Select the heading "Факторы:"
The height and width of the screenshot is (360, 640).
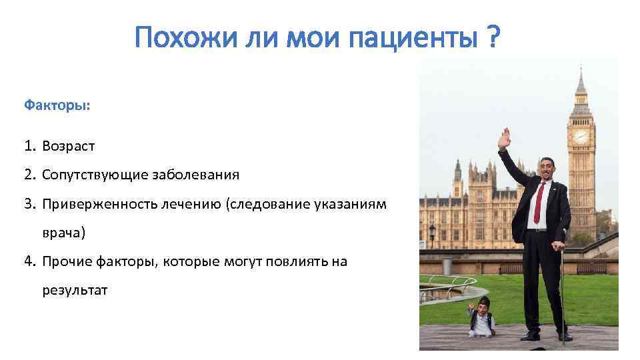coord(57,105)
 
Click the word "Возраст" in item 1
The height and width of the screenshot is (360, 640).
coord(69,145)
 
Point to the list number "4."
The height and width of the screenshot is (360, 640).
coord(31,261)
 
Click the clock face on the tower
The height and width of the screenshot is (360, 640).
coord(581,137)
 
